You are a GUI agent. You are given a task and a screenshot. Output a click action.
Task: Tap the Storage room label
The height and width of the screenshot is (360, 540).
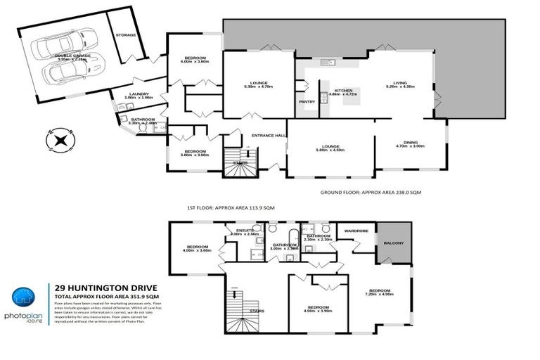click(126, 34)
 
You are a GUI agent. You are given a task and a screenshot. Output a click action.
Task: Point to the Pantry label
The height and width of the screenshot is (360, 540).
click(307, 102)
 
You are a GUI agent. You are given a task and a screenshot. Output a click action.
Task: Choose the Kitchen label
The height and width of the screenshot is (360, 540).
click(343, 91)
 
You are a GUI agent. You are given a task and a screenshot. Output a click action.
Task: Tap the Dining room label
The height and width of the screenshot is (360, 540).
click(410, 143)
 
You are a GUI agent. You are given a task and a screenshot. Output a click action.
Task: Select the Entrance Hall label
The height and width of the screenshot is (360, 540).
click(270, 135)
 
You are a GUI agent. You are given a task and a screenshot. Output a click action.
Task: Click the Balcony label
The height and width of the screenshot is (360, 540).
click(394, 243)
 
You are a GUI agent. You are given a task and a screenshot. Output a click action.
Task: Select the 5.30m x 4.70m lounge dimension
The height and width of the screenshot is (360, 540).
click(257, 86)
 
